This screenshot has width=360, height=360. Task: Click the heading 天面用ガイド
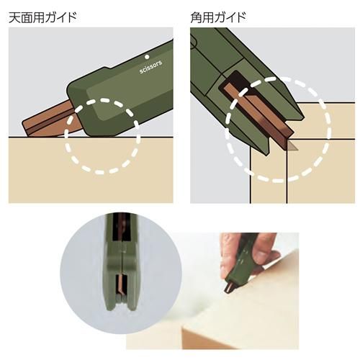pyautogui.click(x=42, y=18)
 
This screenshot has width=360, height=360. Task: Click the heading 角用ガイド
pyautogui.click(x=218, y=18)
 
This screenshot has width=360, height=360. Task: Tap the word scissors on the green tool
pyautogui.click(x=150, y=67)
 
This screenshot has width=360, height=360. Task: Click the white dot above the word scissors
pyautogui.click(x=148, y=57)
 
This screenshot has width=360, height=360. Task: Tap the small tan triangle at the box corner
pyautogui.click(x=292, y=147)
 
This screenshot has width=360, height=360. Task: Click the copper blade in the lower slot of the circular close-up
pyautogui.click(x=122, y=284)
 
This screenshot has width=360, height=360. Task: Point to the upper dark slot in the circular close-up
pyautogui.click(x=122, y=227)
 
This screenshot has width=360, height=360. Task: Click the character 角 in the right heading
pyautogui.click(x=196, y=18)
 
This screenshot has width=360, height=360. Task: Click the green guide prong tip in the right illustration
pyautogui.click(x=266, y=153)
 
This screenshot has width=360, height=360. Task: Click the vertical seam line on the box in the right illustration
pyautogui.click(x=287, y=171)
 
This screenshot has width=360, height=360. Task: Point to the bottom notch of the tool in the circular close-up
pyautogui.click(x=122, y=303)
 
